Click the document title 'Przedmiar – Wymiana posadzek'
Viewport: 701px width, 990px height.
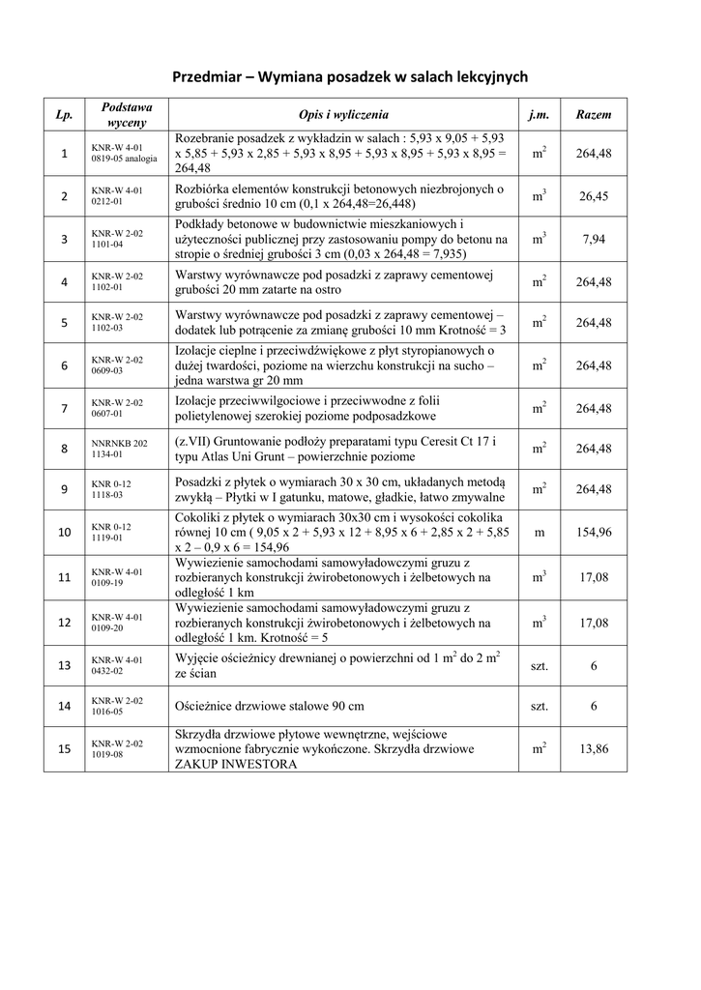[350, 76]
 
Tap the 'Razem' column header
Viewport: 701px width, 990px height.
[593, 114]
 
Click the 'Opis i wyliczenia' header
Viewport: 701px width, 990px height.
[343, 114]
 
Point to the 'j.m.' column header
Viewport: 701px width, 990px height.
[539, 114]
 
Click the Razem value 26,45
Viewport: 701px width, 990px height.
[593, 196]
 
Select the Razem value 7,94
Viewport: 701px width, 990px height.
[593, 240]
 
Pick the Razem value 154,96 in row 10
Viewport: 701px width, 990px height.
[593, 533]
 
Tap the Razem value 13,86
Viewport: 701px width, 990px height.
[593, 749]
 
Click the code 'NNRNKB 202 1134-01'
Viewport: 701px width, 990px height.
[120, 448]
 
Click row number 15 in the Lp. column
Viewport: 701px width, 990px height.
[65, 749]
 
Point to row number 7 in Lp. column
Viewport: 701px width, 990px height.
[65, 408]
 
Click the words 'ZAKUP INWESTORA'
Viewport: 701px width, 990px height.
[236, 764]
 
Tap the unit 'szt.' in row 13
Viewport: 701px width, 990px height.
[539, 665]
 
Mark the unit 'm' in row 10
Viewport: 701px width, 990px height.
[539, 533]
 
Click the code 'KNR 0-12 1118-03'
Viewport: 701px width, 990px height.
[111, 489]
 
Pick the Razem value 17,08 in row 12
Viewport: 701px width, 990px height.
[593, 623]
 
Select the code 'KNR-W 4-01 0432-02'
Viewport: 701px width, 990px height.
[117, 665]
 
